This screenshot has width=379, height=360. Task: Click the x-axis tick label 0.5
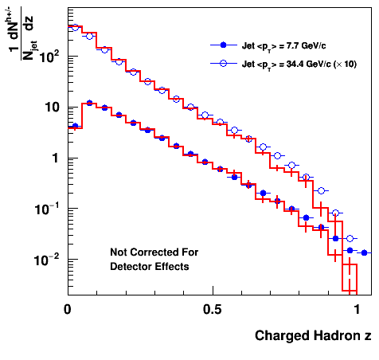[x=213, y=309]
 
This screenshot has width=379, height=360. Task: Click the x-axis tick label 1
[x=357, y=309]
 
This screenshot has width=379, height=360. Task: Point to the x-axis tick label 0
[x=68, y=309]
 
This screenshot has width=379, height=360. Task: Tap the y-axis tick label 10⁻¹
[x=45, y=209]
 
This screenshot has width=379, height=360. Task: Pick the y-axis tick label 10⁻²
[x=45, y=260]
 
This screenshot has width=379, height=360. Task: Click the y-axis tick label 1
[x=55, y=158]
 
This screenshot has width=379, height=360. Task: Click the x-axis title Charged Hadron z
[x=313, y=335]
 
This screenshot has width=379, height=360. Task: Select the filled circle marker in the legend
[x=224, y=45]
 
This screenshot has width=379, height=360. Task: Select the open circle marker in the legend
[x=224, y=63]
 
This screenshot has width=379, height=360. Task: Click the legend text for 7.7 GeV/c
[x=283, y=46]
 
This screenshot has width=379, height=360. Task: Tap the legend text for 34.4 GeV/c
[x=299, y=65]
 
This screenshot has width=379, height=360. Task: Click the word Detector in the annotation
[x=131, y=266]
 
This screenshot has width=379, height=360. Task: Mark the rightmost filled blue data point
[x=364, y=252]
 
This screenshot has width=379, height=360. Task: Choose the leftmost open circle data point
[x=75, y=27]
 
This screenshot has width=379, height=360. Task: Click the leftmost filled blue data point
[x=75, y=126]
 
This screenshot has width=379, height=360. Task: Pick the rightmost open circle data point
[x=350, y=239]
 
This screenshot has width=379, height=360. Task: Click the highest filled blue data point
[x=89, y=103]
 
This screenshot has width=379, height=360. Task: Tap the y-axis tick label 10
[x=52, y=108]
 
